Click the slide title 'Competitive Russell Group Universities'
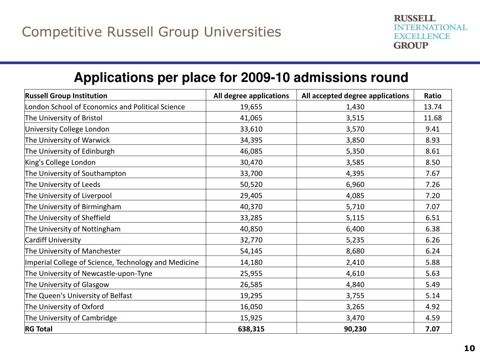(x=151, y=32)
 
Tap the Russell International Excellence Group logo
(x=430, y=31)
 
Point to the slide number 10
(x=469, y=348)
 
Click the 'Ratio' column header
(x=432, y=96)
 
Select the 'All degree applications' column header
(x=251, y=96)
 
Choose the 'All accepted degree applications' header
(x=355, y=96)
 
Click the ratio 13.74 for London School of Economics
(x=432, y=106)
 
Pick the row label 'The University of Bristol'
(x=64, y=118)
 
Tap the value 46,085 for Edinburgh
(x=251, y=151)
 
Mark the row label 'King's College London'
(x=60, y=162)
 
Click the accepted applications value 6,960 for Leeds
(x=355, y=184)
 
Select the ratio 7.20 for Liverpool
(x=432, y=195)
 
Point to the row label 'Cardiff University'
(x=53, y=240)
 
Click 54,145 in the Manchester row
(x=251, y=251)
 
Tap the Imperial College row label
(x=112, y=262)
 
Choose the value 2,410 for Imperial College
(x=355, y=262)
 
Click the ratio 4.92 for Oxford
(x=432, y=307)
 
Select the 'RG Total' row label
(x=39, y=329)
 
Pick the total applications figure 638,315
(x=251, y=329)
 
